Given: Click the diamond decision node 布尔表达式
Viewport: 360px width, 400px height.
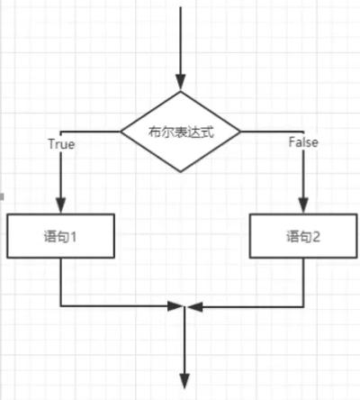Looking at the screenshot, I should [x=181, y=132].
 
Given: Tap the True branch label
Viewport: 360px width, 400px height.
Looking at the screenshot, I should [x=60, y=142].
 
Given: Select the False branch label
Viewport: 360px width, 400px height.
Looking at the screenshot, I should [x=304, y=142].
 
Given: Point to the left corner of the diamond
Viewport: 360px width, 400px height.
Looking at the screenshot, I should [x=121, y=132].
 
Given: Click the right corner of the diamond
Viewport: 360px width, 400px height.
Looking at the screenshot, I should [x=242, y=132].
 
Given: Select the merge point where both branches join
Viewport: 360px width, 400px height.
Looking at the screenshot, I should [x=183, y=307].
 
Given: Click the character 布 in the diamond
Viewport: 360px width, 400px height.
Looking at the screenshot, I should [x=154, y=132].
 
